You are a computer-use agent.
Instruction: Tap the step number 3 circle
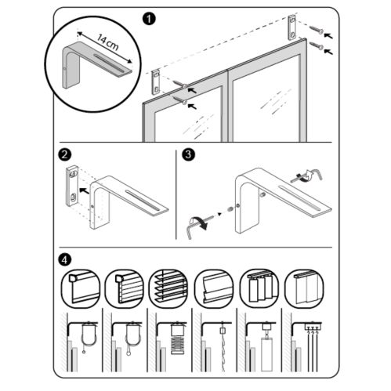click(x=189, y=154)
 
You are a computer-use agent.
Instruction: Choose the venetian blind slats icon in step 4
click(x=168, y=288)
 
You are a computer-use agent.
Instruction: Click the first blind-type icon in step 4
click(x=80, y=288)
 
